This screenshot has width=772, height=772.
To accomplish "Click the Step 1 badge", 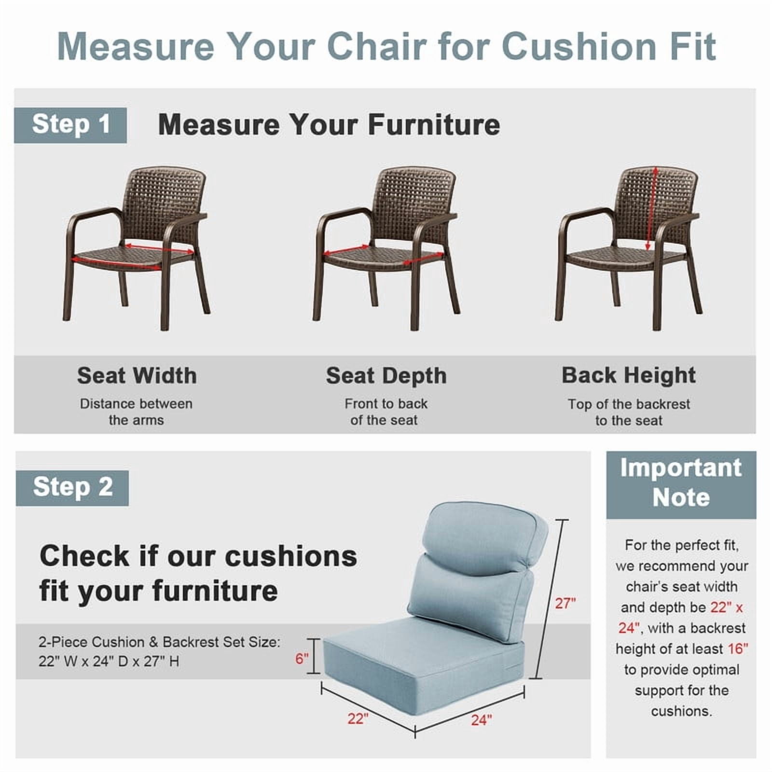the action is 70,125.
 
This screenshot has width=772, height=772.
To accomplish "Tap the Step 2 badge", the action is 72,488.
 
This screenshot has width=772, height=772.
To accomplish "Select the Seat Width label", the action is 137,375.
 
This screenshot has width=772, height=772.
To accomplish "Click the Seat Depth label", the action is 386,376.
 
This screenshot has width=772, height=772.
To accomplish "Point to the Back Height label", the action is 629,375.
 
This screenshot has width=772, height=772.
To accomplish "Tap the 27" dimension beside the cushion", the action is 565,603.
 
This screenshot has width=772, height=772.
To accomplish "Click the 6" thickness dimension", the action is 302,658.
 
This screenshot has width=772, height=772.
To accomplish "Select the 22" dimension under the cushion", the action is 358,719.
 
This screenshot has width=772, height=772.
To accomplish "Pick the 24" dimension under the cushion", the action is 482,720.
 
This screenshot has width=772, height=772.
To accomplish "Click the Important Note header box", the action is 681,485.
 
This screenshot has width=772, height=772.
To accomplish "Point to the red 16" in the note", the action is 738,649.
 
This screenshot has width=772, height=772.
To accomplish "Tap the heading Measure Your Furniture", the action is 329,124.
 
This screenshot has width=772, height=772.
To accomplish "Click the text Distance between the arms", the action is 137,412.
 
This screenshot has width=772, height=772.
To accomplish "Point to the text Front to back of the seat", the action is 386,412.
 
